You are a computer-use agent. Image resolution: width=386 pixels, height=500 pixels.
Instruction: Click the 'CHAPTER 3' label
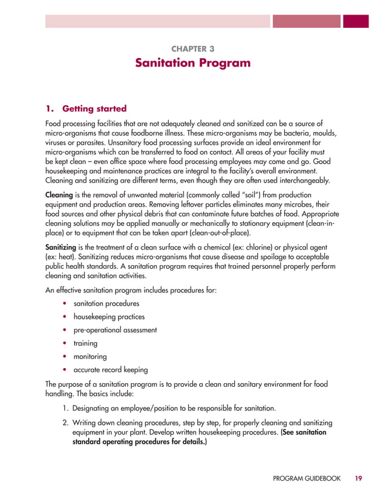point(192,48)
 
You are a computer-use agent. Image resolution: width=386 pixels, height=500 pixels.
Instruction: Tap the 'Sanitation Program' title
point(192,63)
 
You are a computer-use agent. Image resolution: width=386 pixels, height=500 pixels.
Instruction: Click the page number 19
point(359,478)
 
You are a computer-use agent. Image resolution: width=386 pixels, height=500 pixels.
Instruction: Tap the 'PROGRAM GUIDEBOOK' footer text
point(307,478)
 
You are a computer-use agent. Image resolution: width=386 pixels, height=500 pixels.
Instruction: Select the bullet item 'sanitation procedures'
point(106,303)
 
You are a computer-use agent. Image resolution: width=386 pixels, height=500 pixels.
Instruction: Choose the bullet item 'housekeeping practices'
point(109,317)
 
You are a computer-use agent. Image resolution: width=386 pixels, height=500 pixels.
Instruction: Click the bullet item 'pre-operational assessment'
point(115,330)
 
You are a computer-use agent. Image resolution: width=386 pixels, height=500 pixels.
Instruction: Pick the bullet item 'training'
point(85,343)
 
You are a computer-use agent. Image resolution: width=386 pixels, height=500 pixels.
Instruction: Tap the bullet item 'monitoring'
point(90,357)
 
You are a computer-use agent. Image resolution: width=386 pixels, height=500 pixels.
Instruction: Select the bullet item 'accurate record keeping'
point(110,370)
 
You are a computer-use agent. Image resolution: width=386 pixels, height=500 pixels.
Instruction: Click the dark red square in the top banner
point(356,21)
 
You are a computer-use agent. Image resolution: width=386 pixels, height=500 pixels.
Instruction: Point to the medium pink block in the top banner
point(306,21)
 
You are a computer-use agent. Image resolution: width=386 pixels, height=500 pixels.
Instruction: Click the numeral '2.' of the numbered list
point(65,423)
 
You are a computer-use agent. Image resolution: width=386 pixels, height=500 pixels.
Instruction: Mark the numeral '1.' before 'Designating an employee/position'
point(65,407)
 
